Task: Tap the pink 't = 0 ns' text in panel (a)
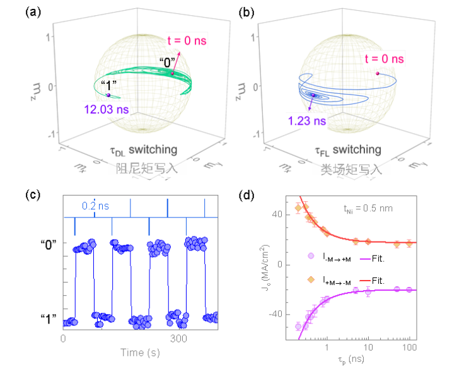pyautogui.click(x=187, y=41)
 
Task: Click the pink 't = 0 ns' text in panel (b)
pyautogui.click(x=384, y=58)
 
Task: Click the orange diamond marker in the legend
pyautogui.click(x=311, y=279)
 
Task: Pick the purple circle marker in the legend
pyautogui.click(x=311, y=256)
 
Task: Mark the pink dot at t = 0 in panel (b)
pyautogui.click(x=378, y=73)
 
